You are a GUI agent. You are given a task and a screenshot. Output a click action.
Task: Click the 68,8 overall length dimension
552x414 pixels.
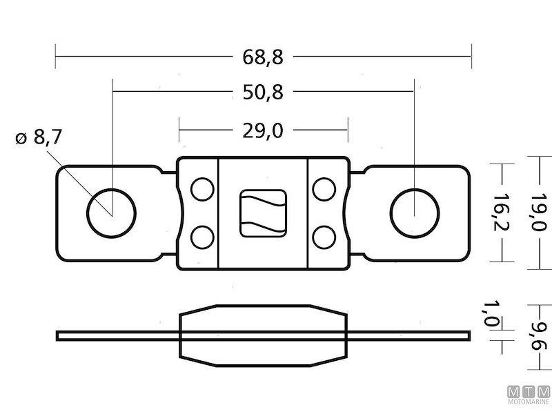click(x=263, y=57)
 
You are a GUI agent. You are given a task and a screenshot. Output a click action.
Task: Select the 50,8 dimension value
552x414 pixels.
click(x=263, y=92)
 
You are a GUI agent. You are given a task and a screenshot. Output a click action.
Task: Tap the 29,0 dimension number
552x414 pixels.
click(x=263, y=131)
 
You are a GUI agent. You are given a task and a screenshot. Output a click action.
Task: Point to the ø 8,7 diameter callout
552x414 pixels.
click(x=39, y=137)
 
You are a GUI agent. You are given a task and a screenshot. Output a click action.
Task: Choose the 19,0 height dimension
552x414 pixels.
click(x=540, y=212)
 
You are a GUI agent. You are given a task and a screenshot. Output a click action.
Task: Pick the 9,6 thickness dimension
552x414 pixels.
click(x=540, y=337)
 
